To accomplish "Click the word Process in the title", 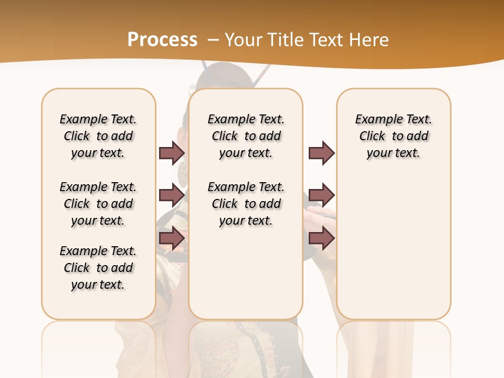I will click(x=162, y=40).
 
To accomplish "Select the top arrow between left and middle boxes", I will click(x=172, y=153).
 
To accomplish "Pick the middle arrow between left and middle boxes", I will click(x=172, y=195).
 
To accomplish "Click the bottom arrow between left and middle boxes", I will click(x=172, y=238).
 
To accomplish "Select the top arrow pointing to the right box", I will click(x=321, y=153).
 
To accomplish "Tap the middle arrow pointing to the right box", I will click(x=321, y=195).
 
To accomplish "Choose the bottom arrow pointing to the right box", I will click(x=321, y=238).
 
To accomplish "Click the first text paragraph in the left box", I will click(x=98, y=136).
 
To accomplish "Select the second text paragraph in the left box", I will click(x=98, y=204).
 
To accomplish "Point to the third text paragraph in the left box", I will click(x=98, y=268).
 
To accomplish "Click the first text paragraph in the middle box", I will click(x=246, y=136).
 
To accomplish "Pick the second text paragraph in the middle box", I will click(x=246, y=204).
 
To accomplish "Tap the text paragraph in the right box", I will click(x=393, y=136).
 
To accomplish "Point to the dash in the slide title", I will click(x=213, y=40).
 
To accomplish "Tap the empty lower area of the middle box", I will click(x=246, y=273).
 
